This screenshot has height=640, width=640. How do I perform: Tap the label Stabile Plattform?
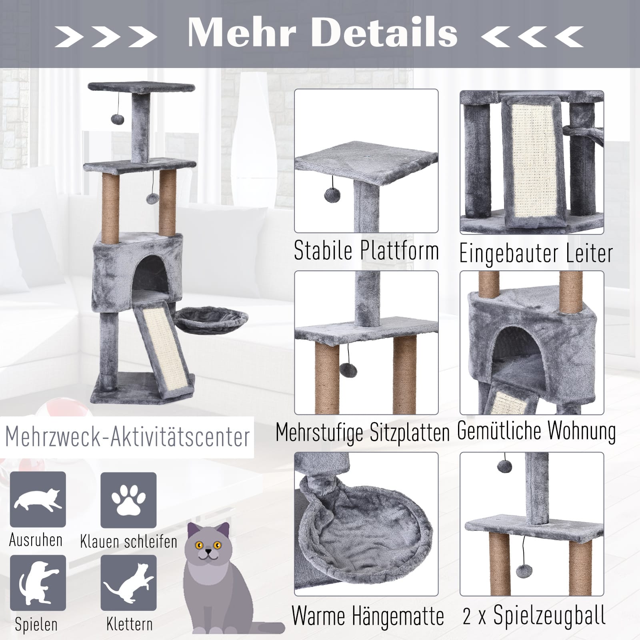pyautogui.click(x=366, y=251)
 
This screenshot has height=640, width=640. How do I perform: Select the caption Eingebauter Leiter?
pyautogui.click(x=536, y=254)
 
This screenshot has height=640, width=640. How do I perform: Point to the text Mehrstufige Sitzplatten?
pyautogui.click(x=363, y=433)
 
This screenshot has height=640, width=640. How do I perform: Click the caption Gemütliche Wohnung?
pyautogui.click(x=536, y=431)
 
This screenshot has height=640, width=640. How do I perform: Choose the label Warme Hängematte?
pyautogui.click(x=368, y=616)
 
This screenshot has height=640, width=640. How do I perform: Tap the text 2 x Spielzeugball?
pyautogui.click(x=534, y=615)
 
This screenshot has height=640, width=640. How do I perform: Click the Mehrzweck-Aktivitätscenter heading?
pyautogui.click(x=128, y=437)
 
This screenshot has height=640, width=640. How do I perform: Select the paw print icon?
pyautogui.click(x=128, y=500)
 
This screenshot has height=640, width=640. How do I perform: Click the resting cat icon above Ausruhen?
pyautogui.click(x=38, y=500)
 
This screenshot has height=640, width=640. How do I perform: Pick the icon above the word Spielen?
pyautogui.click(x=38, y=582)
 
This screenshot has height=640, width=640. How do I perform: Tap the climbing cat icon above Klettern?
pyautogui.click(x=128, y=583)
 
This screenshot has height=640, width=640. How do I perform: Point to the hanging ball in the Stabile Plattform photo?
pyautogui.click(x=332, y=196)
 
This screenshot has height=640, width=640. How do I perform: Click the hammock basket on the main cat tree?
pyautogui.click(x=212, y=319)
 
